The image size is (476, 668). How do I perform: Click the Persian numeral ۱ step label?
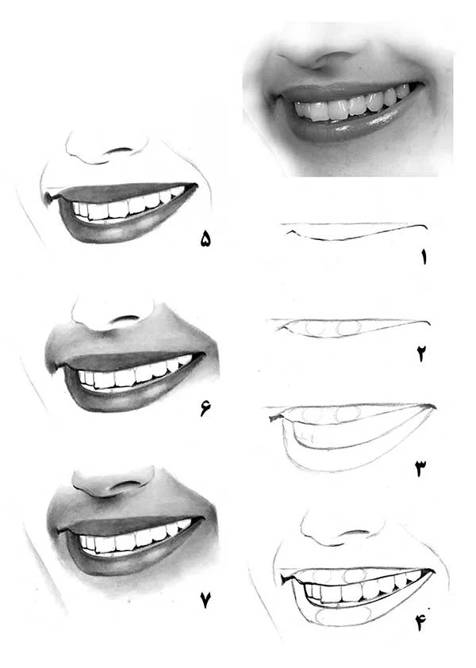pos(424,257)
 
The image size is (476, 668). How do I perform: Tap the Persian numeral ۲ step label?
pos(422,353)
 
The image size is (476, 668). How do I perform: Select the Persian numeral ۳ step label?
pos(421,468)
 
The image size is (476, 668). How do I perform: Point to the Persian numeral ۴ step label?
pos(421,623)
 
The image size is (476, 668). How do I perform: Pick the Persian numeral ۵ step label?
pos(205,239)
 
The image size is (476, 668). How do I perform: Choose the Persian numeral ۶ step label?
pos(205,408)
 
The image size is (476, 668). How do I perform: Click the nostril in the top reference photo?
pos(335,55)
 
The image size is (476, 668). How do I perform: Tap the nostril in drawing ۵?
pos(120,151)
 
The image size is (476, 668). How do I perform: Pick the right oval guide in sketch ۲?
pos(349,327)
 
